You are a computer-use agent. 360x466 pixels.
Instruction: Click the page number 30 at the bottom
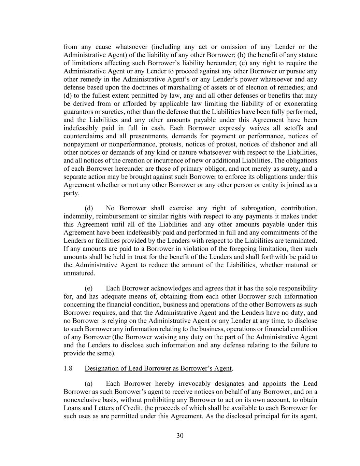tap(180, 436)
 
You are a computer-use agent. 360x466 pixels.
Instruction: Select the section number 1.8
tap(68, 368)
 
